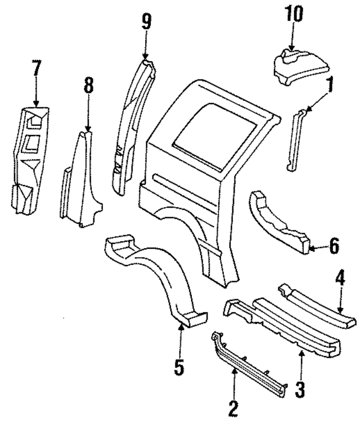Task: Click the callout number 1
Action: click(330, 86)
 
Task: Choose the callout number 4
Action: click(339, 278)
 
